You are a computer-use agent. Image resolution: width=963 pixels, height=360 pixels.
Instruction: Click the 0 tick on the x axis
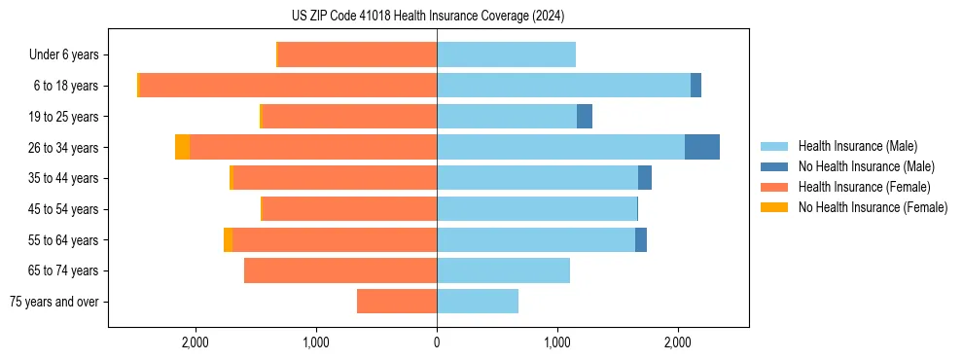point(437,342)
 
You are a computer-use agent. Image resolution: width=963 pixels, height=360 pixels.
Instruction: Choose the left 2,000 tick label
point(196,342)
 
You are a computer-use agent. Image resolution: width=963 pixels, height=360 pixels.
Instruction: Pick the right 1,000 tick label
point(557,342)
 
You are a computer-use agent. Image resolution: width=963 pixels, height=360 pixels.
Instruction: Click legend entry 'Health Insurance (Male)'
point(857,146)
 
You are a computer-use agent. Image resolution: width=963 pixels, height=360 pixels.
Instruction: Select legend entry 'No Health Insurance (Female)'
point(873,207)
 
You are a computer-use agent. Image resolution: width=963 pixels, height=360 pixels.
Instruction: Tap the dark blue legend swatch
point(774,166)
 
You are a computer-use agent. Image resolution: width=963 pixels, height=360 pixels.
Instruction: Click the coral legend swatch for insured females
point(774,187)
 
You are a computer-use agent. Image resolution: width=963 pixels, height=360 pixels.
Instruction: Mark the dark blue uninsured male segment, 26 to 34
point(702,147)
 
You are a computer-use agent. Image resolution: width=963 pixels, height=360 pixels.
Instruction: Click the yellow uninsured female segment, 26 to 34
point(182,147)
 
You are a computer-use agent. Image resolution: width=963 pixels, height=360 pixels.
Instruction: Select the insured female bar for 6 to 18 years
point(288,86)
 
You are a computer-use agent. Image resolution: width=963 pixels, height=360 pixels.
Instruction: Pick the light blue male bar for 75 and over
point(478,302)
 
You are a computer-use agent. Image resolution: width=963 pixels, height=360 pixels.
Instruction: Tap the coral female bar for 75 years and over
point(397,302)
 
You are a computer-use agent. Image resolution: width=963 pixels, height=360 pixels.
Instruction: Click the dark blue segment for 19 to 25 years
point(585,117)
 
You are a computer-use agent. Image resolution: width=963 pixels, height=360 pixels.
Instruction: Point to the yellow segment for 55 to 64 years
point(228,239)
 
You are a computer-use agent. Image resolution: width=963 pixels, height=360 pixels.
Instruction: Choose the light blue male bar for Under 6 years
point(506,54)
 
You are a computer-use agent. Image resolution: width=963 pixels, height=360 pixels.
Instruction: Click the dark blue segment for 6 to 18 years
point(695,86)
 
